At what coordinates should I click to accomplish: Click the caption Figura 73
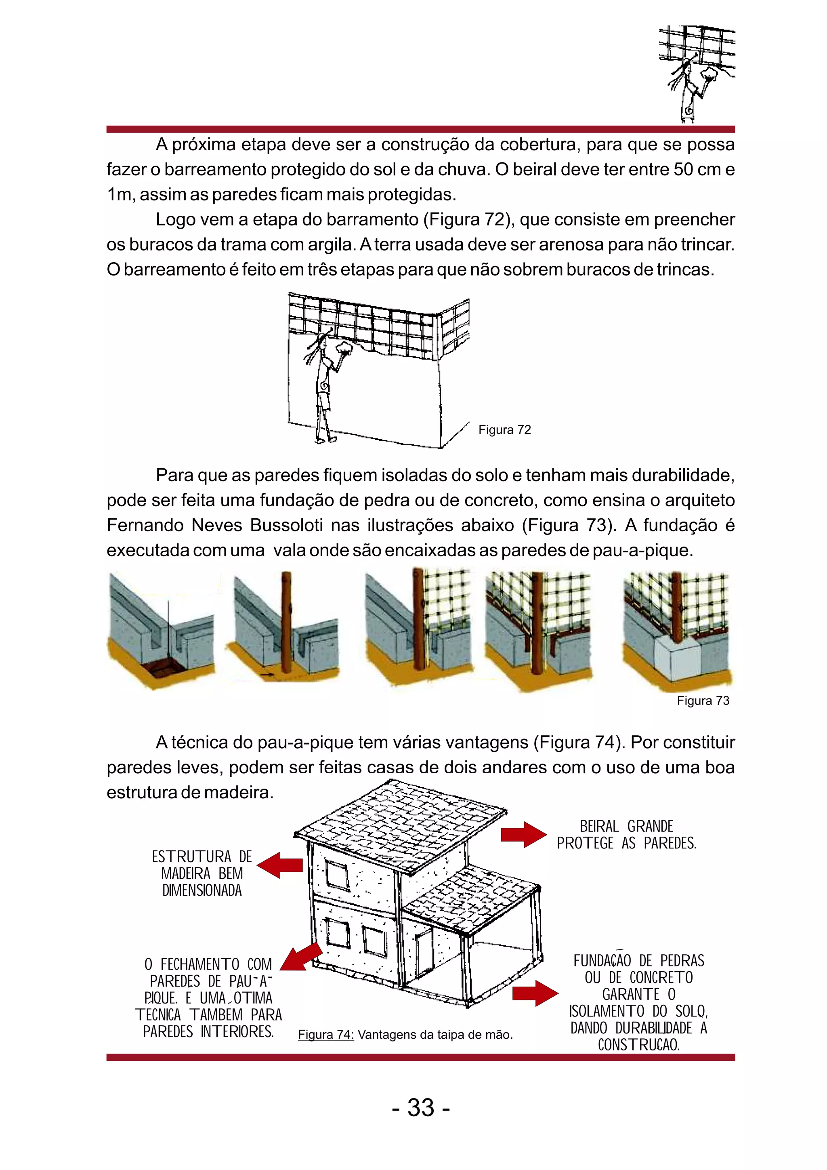pyautogui.click(x=703, y=701)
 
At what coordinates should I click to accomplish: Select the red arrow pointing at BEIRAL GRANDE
pyautogui.click(x=523, y=835)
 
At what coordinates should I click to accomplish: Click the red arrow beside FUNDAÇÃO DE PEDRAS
pyautogui.click(x=535, y=993)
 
